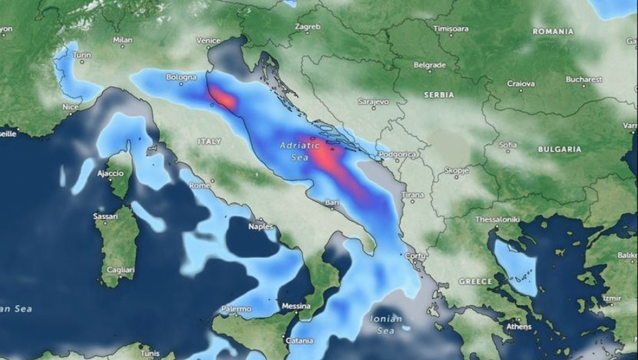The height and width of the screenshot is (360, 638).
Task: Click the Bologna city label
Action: coord(181,77)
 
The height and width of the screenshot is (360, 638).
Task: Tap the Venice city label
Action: coord(209,41)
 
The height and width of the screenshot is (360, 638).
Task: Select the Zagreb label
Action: coord(307,27)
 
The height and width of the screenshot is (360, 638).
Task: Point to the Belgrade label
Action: coord(429,65)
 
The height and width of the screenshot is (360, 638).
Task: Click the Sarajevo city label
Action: coord(373,101)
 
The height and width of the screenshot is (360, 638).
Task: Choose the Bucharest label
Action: coord(584,80)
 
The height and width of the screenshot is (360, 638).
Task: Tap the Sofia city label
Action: coord(508,145)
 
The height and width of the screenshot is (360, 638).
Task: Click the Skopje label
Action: coord(456,169)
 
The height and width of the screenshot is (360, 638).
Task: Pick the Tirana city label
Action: coord(412,195)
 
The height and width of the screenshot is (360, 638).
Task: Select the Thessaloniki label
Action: coord(497,219)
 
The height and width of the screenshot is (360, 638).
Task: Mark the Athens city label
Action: coord(518,326)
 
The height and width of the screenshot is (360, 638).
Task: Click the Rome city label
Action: coord(200,185)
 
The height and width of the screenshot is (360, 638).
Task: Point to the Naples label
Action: coord(261,226)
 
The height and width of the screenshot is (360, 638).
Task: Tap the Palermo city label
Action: coord(236,309)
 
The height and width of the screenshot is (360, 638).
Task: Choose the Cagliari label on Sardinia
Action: coord(119,271)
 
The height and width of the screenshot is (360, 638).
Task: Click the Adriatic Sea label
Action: coord(300,151)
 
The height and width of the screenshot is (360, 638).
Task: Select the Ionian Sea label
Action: coord(385,325)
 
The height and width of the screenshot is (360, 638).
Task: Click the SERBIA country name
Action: coord(439,95)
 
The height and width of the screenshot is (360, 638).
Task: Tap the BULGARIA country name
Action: coord(559,149)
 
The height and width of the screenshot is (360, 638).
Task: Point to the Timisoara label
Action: coord(451,29)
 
